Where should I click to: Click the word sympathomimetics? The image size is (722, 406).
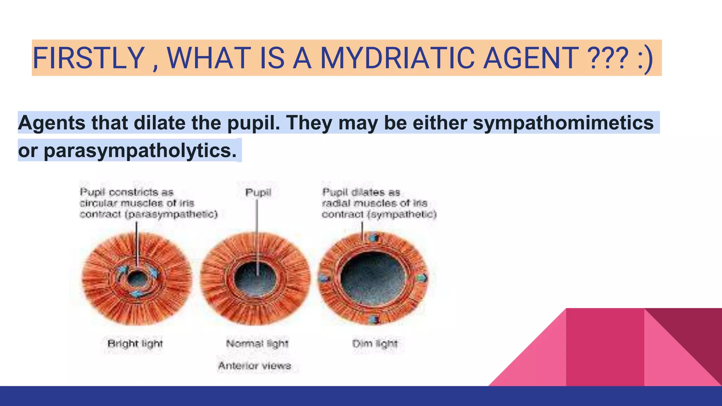tap(563, 123)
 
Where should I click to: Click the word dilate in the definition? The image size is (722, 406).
tap(160, 123)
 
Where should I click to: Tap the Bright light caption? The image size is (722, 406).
tap(135, 344)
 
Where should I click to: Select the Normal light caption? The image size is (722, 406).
tap(257, 344)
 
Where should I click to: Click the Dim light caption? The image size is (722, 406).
tap(375, 344)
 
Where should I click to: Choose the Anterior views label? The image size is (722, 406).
tap(255, 366)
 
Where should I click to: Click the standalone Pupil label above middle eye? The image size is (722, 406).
tap(258, 192)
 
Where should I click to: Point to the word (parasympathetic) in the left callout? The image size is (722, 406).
tap(171, 214)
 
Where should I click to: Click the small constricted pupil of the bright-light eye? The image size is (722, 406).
tap(136, 279)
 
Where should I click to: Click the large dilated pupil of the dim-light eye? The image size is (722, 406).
tap(373, 277)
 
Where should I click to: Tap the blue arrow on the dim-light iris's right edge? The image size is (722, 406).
tap(421, 278)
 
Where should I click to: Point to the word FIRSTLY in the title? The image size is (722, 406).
tap(88, 58)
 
